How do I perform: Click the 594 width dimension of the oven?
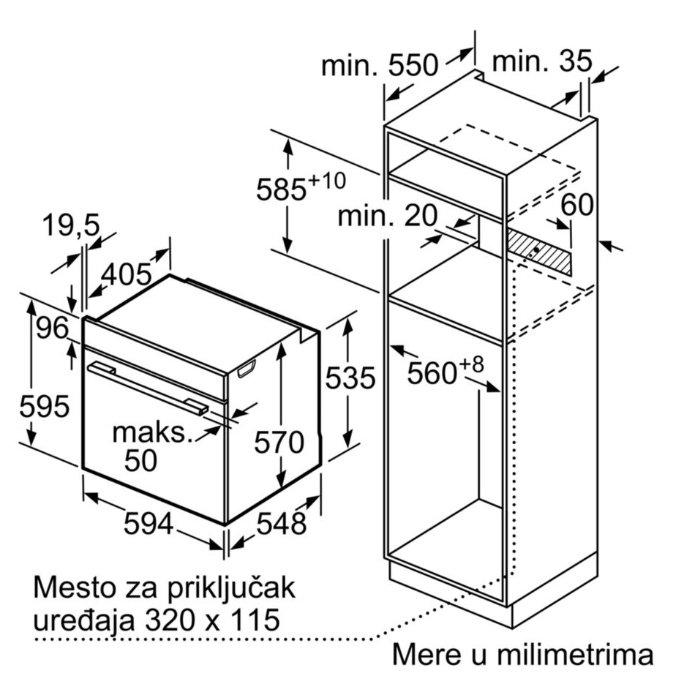tap(148, 523)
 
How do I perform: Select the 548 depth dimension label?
tap(282, 523)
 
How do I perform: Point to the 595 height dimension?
tap(45, 405)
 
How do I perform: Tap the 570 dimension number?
tap(279, 442)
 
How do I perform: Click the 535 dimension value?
tap(350, 378)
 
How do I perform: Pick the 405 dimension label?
tap(127, 274)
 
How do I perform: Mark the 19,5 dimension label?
tap(72, 225)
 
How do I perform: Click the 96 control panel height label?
tap(53, 328)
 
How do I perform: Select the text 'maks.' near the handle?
tap(153, 432)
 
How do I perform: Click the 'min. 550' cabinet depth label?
tap(380, 65)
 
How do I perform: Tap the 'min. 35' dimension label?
tap(542, 61)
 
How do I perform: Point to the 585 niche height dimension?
tap(301, 187)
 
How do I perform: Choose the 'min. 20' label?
tap(388, 216)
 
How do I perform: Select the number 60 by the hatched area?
tap(577, 205)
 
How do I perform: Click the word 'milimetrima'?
tap(575, 654)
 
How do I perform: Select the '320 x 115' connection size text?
tap(212, 619)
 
